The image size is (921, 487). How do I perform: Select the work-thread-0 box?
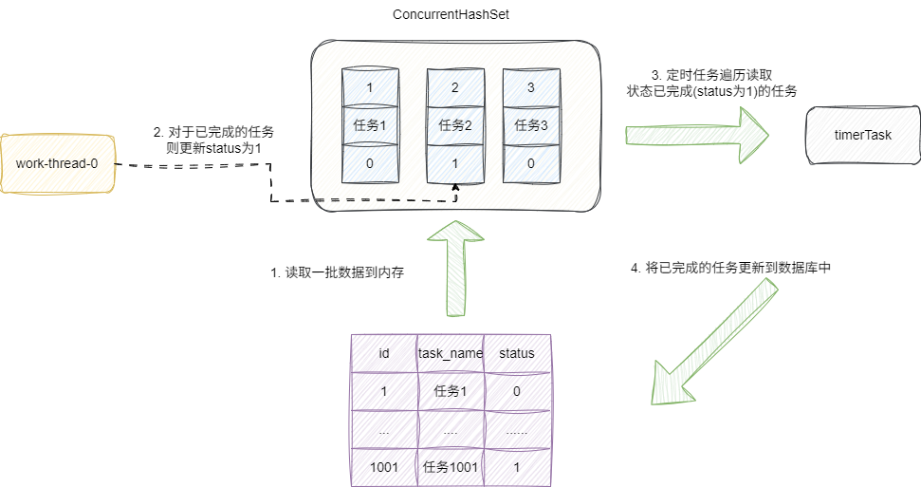58,163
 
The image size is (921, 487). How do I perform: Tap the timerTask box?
862,135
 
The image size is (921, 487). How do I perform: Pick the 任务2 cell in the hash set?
455,124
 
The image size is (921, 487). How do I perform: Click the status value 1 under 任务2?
455,163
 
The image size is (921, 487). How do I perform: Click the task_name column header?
451,353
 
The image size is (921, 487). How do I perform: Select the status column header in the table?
516,353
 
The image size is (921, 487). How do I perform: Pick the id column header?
383,353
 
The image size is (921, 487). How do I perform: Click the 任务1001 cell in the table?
451,467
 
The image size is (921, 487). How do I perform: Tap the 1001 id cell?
383,467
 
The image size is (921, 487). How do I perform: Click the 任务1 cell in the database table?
451,391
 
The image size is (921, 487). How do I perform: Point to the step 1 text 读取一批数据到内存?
337,272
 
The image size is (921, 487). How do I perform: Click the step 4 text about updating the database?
731,268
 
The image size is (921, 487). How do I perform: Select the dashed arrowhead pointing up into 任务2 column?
455,188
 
